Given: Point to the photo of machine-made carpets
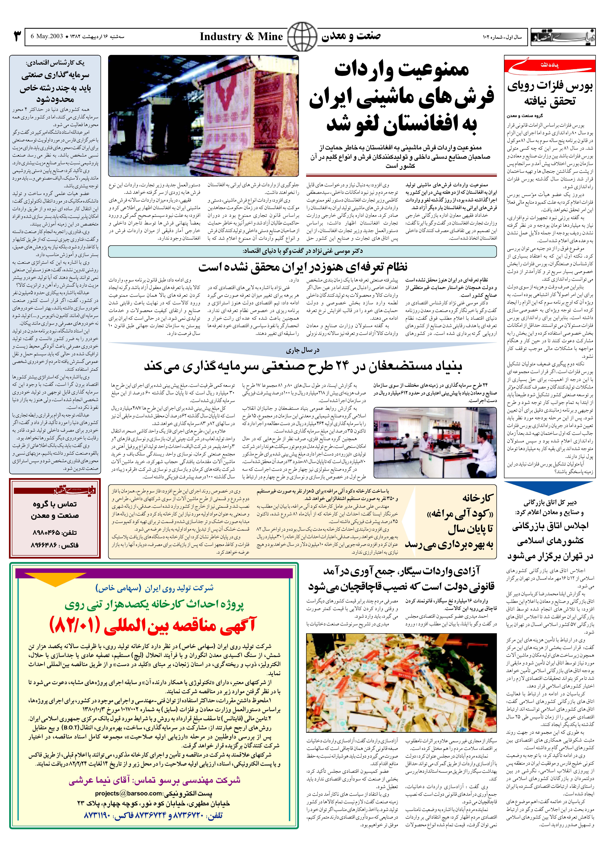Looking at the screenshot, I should click(x=203, y=116).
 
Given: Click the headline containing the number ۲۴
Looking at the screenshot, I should click(x=303, y=367).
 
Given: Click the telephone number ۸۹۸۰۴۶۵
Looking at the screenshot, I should click(x=55, y=533).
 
